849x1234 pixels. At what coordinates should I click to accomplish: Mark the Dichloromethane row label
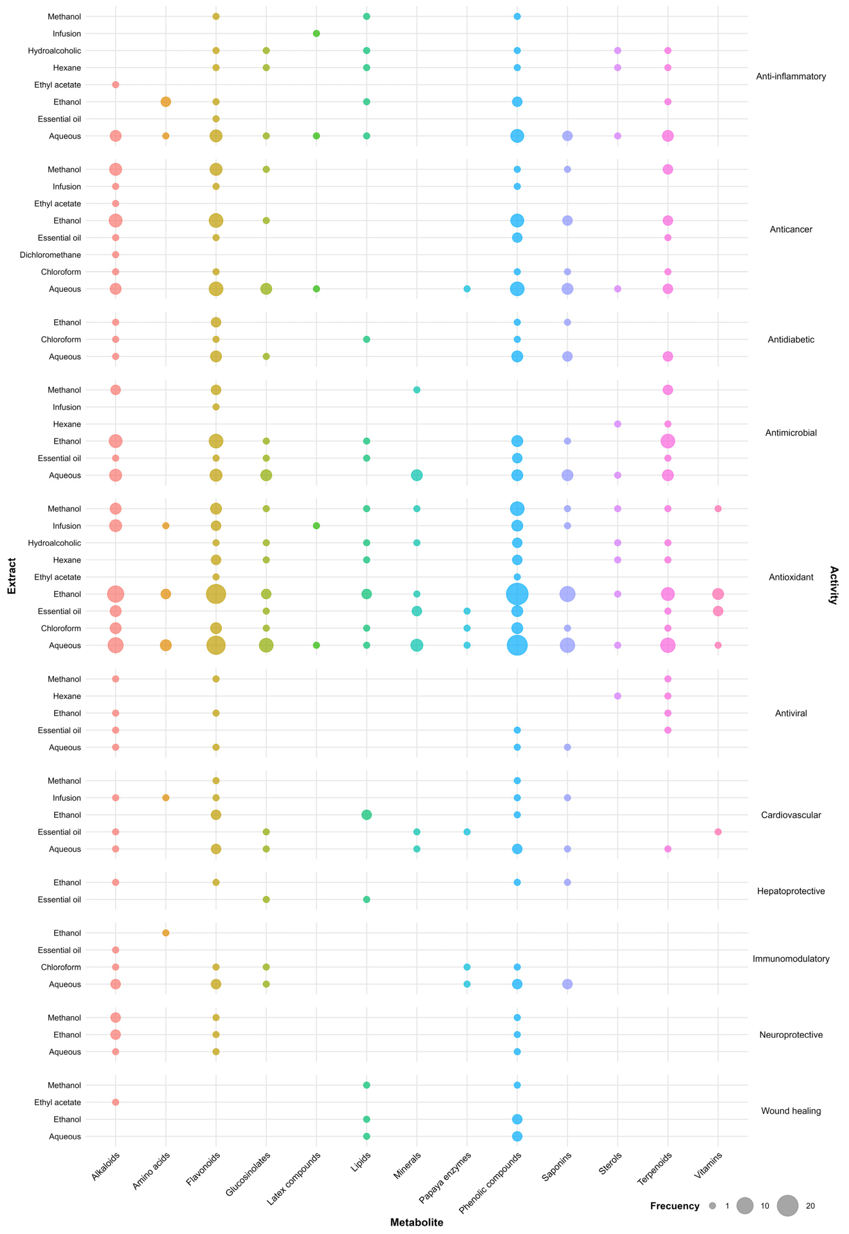click(x=51, y=255)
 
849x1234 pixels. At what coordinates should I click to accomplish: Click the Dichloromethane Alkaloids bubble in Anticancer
click(x=115, y=255)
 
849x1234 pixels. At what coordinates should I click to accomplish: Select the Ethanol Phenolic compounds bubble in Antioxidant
click(x=517, y=594)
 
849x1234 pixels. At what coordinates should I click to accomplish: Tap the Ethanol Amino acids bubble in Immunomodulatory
click(x=166, y=933)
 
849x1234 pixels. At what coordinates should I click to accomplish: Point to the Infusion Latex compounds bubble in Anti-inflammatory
click(x=316, y=34)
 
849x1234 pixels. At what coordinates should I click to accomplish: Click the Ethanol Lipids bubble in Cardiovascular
click(x=367, y=815)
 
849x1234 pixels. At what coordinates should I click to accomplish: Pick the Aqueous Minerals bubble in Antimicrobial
click(x=417, y=475)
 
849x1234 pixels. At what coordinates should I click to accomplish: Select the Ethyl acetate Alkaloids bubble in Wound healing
click(x=115, y=1102)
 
